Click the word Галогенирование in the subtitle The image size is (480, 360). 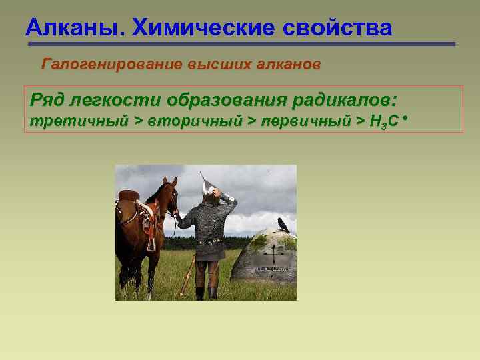pyautogui.click(x=112, y=65)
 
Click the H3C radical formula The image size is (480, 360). pyautogui.click(x=385, y=121)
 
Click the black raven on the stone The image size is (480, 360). pyautogui.click(x=282, y=225)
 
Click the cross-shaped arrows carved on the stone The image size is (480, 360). pyautogui.click(x=272, y=254)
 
